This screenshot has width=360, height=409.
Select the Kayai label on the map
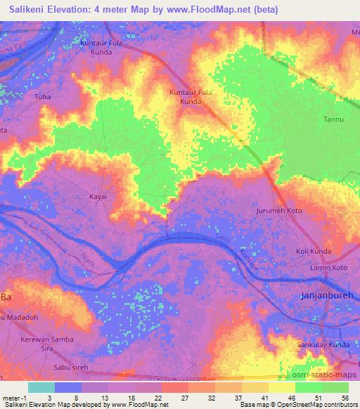pyautogui.click(x=98, y=197)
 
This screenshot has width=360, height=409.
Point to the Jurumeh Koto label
pyautogui.click(x=280, y=210)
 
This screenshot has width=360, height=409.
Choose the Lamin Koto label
pyautogui.click(x=329, y=268)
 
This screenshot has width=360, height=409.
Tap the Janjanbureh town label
pyautogui.click(x=330, y=296)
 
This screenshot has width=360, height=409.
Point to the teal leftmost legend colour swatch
pyautogui.click(x=41, y=387)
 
